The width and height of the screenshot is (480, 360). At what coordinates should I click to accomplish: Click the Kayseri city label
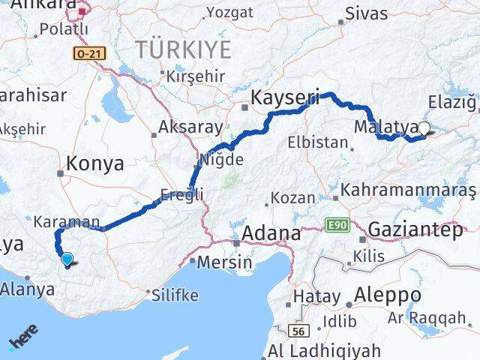coord(284,97)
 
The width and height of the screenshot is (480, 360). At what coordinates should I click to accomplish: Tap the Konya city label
coord(94,164)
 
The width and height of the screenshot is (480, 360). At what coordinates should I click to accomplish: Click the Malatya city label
coord(382,125)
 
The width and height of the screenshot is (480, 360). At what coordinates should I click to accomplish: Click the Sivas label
coord(367,13)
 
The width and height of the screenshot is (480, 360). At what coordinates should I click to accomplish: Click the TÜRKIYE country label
coord(172,50)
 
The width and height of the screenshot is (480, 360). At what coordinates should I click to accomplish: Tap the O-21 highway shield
coord(88,53)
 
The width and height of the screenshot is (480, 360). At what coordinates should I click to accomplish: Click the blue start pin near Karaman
coord(67,259)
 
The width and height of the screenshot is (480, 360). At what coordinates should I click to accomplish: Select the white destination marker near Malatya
coord(424,129)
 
